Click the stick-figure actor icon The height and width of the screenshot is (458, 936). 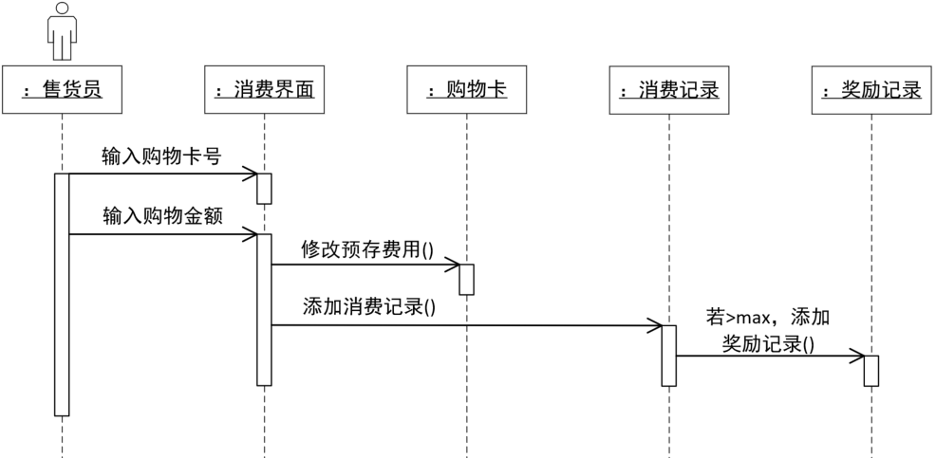pyautogui.click(x=62, y=31)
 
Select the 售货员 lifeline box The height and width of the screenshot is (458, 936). pyautogui.click(x=62, y=90)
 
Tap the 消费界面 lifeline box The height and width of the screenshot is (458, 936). pyautogui.click(x=263, y=90)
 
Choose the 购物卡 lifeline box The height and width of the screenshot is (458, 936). pyautogui.click(x=466, y=90)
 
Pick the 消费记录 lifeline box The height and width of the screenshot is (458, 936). pyautogui.click(x=668, y=90)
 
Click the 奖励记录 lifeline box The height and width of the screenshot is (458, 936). pyautogui.click(x=870, y=90)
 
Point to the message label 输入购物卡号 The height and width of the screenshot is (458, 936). pyautogui.click(x=161, y=156)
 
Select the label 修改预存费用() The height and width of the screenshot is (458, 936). pyautogui.click(x=366, y=249)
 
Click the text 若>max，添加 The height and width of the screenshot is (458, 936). pyautogui.click(x=774, y=316)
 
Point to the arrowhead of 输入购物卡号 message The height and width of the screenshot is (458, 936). pyautogui.click(x=251, y=174)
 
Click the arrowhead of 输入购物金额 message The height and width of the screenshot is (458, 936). pyautogui.click(x=251, y=233)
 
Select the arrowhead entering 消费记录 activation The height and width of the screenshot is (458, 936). pyautogui.click(x=655, y=325)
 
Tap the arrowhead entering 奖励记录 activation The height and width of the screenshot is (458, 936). pyautogui.click(x=857, y=357)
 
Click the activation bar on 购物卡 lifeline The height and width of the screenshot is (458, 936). pyautogui.click(x=466, y=280)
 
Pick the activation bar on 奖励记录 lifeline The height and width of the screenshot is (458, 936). pyautogui.click(x=870, y=371)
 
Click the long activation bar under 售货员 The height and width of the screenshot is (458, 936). pyautogui.click(x=62, y=294)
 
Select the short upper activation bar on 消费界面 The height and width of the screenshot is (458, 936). pyautogui.click(x=264, y=188)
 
